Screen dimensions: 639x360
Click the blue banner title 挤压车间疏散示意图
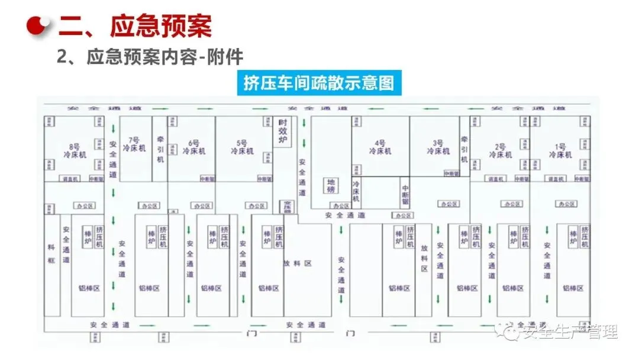point(318,83)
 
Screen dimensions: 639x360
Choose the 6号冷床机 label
point(193,147)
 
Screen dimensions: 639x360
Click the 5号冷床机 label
point(241,147)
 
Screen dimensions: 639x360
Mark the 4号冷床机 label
point(380,147)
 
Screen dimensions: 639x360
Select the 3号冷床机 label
point(438,147)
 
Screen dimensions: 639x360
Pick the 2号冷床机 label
point(501,150)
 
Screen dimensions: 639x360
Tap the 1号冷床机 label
point(560,150)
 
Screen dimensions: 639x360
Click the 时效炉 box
point(283,131)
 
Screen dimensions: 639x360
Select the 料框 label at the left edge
point(51,253)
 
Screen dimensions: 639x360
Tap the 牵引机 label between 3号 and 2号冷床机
point(464,148)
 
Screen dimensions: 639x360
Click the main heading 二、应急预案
point(135,25)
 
